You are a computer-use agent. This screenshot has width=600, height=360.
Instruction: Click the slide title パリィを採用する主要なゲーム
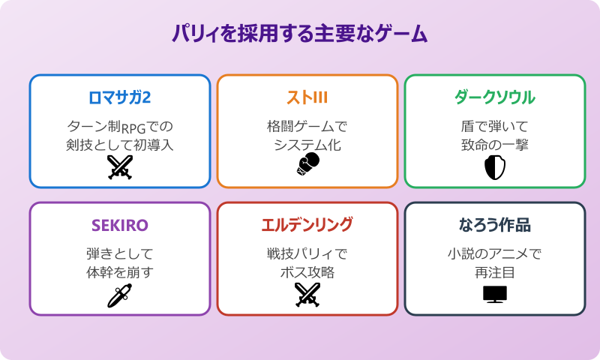(300, 34)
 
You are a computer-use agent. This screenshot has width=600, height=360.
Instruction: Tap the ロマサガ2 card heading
(120, 97)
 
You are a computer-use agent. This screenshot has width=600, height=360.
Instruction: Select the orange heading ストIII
(307, 97)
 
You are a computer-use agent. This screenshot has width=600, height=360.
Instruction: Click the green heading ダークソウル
(495, 97)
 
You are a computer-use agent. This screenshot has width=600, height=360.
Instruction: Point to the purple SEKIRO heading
(120, 225)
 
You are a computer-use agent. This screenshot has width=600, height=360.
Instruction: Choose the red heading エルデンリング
(307, 225)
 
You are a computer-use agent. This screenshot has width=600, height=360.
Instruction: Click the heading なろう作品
(495, 225)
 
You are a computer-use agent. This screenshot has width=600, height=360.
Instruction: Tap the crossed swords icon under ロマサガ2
(120, 168)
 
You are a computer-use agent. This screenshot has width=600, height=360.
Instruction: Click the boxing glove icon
(307, 166)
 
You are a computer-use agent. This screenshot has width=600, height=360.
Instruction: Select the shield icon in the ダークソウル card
(495, 168)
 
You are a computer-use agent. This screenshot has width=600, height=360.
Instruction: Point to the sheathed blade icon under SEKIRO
(120, 295)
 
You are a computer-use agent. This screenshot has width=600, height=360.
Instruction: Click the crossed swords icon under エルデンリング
(307, 295)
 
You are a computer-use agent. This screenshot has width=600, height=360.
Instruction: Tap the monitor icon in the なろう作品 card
(495, 294)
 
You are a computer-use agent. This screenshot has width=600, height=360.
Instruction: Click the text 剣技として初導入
(120, 145)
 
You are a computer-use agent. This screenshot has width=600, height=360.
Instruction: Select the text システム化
(307, 145)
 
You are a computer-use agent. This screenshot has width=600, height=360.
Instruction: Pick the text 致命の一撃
(495, 145)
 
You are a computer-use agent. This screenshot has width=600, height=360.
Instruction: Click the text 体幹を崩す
(120, 272)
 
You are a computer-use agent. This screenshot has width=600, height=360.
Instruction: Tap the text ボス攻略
(307, 272)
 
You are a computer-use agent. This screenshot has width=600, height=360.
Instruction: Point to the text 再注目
(495, 272)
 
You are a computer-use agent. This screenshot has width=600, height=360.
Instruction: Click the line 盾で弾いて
(495, 125)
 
